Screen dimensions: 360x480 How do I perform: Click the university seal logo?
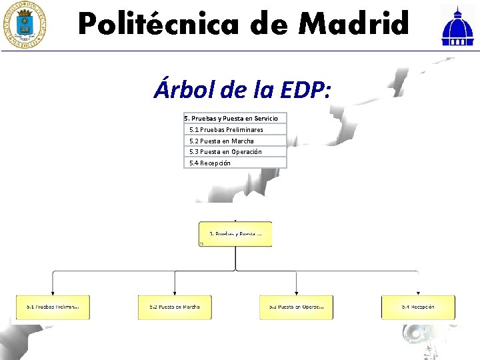[x=25, y=25]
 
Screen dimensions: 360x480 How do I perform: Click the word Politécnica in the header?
[x=158, y=25]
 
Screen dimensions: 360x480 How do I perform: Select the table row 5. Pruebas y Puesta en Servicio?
[x=235, y=118]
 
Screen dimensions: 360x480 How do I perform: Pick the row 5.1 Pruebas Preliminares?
[x=235, y=129]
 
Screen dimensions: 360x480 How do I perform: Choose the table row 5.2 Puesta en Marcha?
[x=235, y=141]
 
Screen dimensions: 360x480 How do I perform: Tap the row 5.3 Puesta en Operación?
[x=235, y=151]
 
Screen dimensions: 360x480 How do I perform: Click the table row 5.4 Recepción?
[x=235, y=163]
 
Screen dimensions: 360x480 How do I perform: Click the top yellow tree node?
[x=235, y=234]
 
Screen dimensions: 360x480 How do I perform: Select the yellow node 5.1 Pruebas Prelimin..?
[x=53, y=307]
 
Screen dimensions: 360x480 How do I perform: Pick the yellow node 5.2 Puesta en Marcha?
[x=175, y=307]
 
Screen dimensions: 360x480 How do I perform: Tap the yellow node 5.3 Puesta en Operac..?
[x=296, y=307]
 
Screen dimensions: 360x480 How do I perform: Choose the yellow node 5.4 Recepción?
[x=418, y=307]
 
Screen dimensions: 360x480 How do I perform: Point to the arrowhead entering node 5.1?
[x=53, y=293]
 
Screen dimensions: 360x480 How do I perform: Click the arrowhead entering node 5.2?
[x=175, y=293]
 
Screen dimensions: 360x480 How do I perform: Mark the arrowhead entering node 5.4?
[x=418, y=293]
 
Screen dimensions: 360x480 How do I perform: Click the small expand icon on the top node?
[x=201, y=244]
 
